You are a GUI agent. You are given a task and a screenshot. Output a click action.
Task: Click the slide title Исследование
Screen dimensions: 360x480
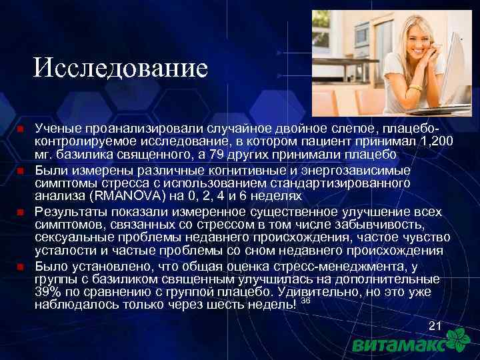[x=121, y=67]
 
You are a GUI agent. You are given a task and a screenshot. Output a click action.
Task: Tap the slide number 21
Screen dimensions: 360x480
[x=435, y=326]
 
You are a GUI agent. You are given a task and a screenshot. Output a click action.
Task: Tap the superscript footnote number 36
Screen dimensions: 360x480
[x=306, y=301]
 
